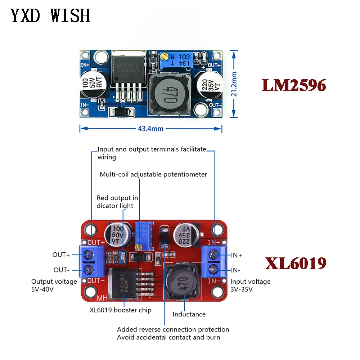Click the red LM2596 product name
294,85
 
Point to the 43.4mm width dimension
150,129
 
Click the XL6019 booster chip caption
121,310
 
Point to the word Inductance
189,314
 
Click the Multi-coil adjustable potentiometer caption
153,175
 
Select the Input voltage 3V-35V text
250,285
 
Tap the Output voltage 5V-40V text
54,285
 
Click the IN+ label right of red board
237,255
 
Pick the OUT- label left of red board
61,270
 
